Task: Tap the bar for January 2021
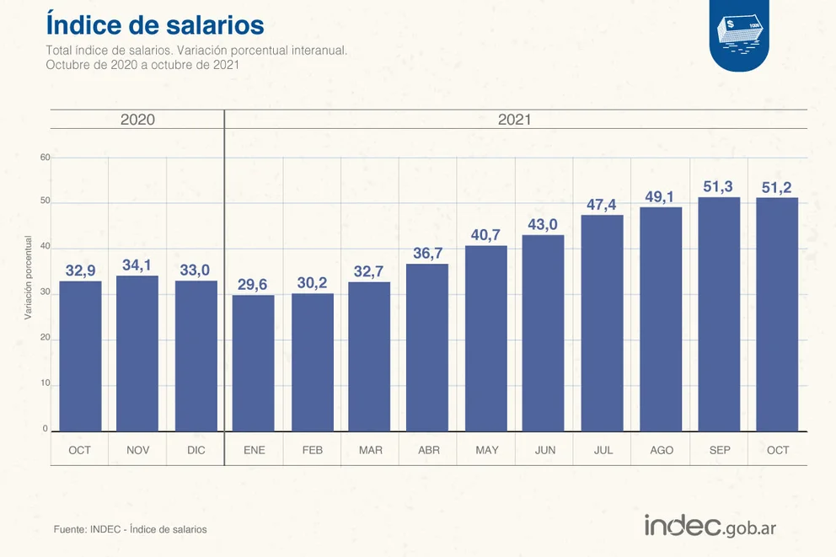tap(254, 363)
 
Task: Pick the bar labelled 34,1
tap(137, 353)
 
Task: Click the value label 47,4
tap(603, 205)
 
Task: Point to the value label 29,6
tap(254, 285)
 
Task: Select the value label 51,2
tap(777, 187)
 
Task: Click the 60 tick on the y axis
tap(46, 158)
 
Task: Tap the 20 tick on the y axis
tap(46, 339)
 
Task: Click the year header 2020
tap(137, 120)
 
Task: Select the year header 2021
tap(514, 120)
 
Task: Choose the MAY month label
tap(486, 450)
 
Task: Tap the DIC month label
tap(196, 450)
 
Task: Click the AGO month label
tap(662, 450)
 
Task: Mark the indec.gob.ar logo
tap(710, 526)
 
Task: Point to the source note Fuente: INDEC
tap(130, 529)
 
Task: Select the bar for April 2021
tap(427, 347)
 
